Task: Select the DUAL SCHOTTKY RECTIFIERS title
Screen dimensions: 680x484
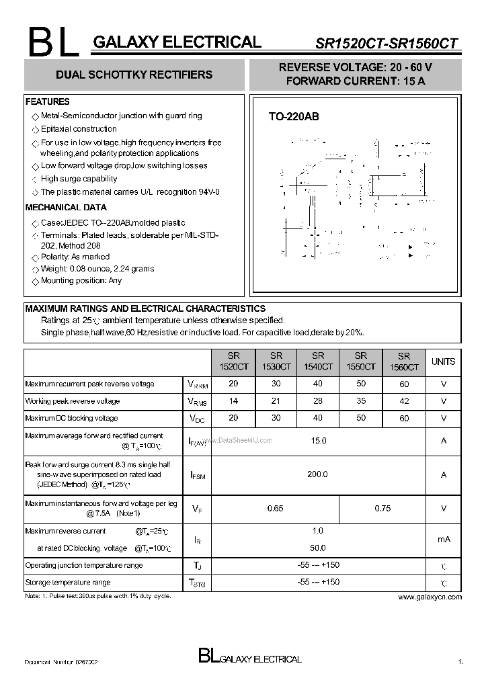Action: [x=134, y=75]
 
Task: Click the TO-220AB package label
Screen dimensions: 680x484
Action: [x=294, y=116]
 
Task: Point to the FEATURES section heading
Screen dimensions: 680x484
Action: [x=47, y=101]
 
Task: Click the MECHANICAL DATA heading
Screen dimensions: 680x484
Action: [x=66, y=208]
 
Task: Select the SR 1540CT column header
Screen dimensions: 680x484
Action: [x=318, y=362]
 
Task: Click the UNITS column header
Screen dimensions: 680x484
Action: [x=443, y=362]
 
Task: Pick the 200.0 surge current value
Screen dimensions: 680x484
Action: [x=318, y=474]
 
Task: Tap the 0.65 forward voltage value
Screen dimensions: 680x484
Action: [x=275, y=509]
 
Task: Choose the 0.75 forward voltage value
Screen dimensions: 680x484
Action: [x=382, y=509]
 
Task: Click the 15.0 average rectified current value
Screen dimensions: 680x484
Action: [x=318, y=441]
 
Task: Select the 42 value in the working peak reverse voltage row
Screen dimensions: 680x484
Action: [x=403, y=401]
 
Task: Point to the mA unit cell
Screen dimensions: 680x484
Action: [x=443, y=540]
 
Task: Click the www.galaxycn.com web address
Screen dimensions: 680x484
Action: [x=430, y=597]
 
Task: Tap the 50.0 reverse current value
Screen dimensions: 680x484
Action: [x=318, y=548]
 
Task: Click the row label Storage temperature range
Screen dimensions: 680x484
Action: [x=68, y=583]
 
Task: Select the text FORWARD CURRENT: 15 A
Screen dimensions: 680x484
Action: [x=356, y=81]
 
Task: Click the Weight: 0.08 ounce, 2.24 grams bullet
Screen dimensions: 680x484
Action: [x=97, y=269]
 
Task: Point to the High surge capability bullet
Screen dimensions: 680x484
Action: [x=79, y=179]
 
